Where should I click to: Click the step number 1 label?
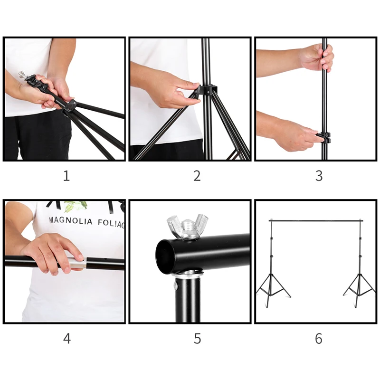pyautogui.click(x=66, y=176)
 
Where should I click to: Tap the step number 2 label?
pyautogui.click(x=197, y=176)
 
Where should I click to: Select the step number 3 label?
pyautogui.click(x=319, y=176)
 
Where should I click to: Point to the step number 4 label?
pyautogui.click(x=67, y=339)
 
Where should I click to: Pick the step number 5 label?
pyautogui.click(x=197, y=339)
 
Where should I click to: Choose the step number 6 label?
pyautogui.click(x=319, y=339)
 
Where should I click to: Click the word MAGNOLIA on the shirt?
pyautogui.click(x=71, y=221)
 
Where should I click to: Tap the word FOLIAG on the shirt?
pyautogui.click(x=111, y=223)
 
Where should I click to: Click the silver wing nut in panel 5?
pyautogui.click(x=187, y=226)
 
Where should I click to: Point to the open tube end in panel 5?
pyautogui.click(x=163, y=256)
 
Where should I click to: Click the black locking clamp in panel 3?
pyautogui.click(x=323, y=138)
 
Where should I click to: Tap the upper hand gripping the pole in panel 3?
pyautogui.click(x=317, y=57)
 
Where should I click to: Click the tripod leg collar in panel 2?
pyautogui.click(x=207, y=90)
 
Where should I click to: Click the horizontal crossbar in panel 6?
pyautogui.click(x=316, y=221)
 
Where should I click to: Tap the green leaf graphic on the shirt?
pyautogui.click(x=76, y=206)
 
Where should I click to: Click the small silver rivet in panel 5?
pyautogui.click(x=176, y=286)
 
